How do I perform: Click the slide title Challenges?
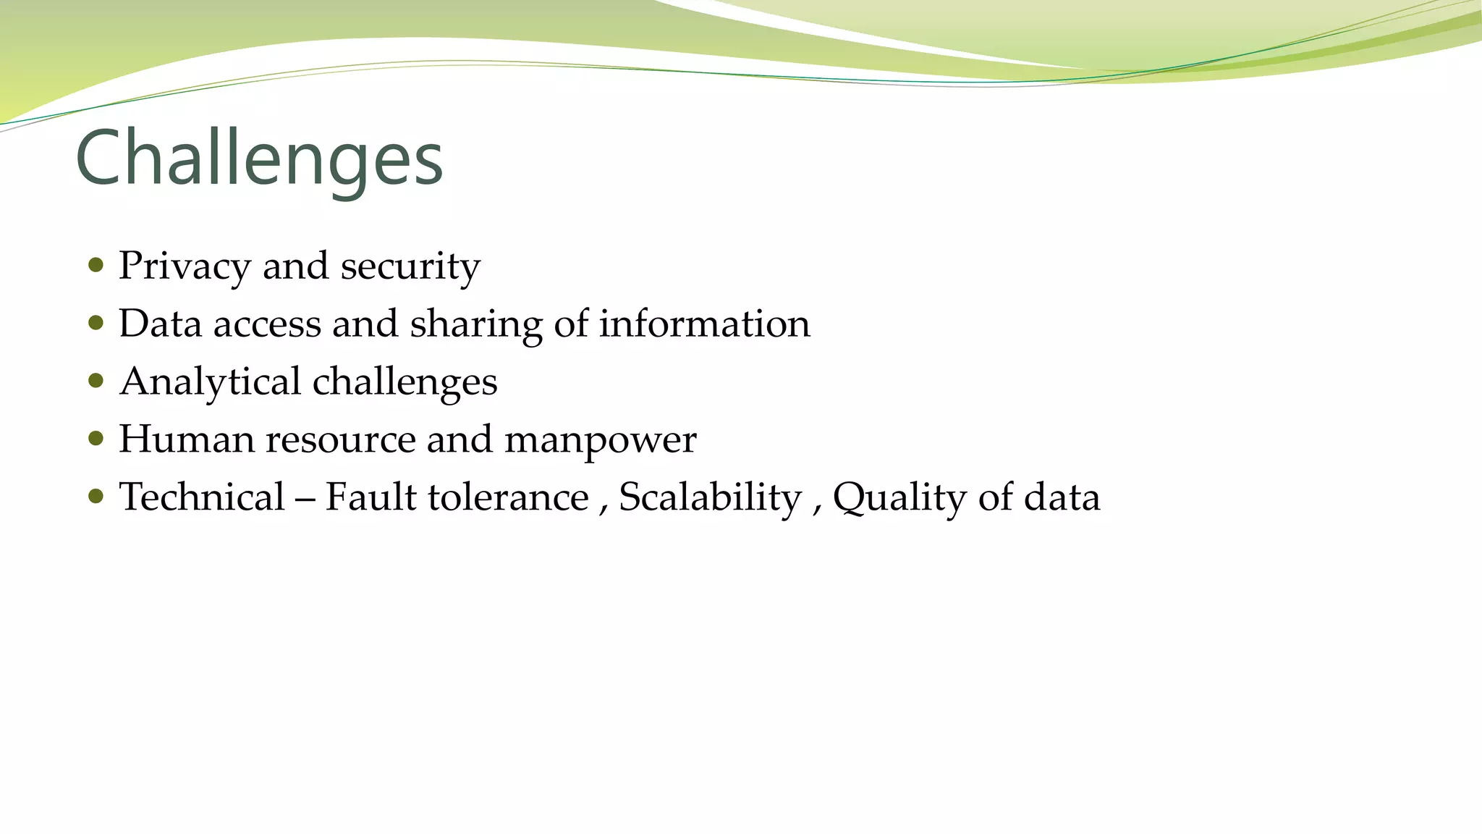pos(258,159)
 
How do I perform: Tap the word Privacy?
pos(185,266)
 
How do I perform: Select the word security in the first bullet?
pos(410,266)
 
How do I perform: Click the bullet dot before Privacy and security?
pos(96,264)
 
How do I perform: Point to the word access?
pos(267,324)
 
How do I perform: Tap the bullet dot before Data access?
pos(96,322)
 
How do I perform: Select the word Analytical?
pos(210,382)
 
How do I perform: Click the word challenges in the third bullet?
pos(405,382)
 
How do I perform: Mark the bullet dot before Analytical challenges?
pos(96,380)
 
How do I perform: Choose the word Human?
pos(187,439)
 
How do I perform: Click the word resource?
pos(340,439)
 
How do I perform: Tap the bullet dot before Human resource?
pos(96,438)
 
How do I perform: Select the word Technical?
pos(202,497)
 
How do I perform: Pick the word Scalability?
pos(710,497)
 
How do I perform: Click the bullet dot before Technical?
pos(96,496)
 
